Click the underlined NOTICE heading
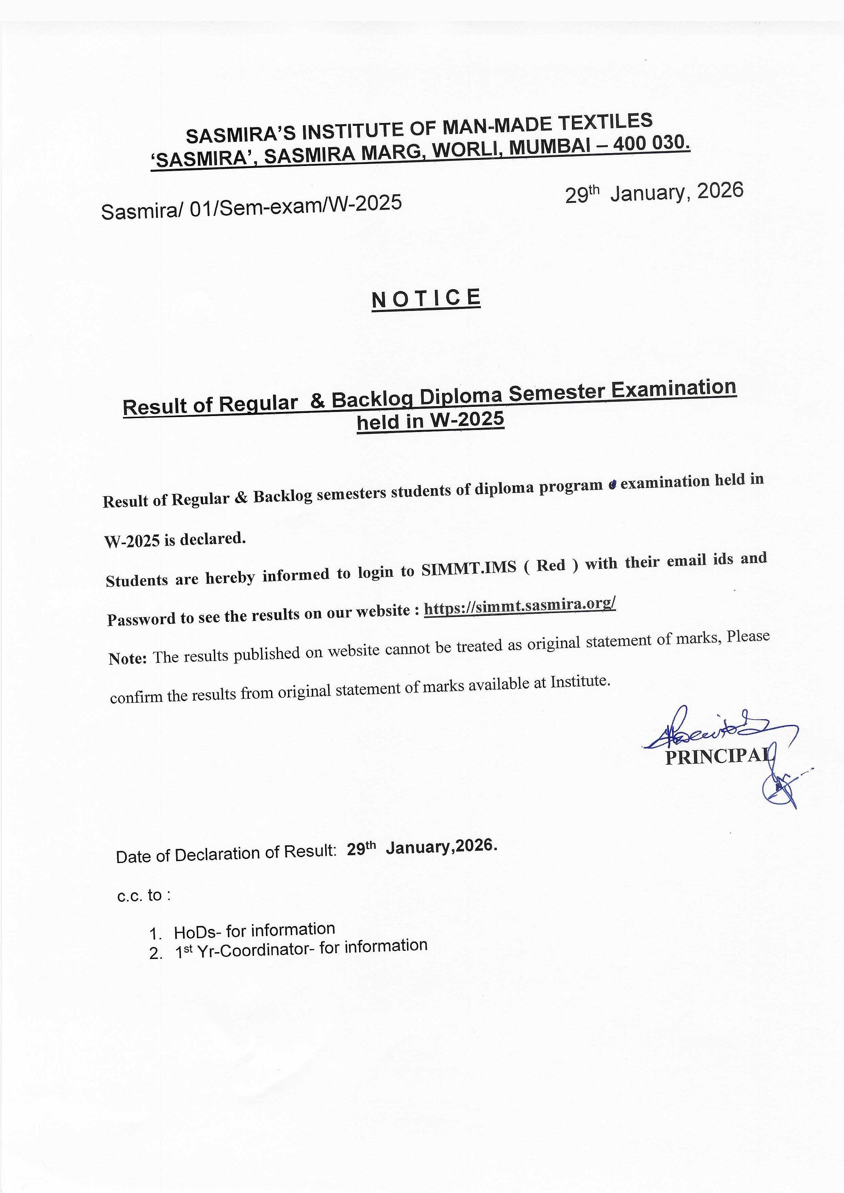point(426,298)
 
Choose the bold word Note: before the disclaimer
point(128,659)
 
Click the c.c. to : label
point(144,895)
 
